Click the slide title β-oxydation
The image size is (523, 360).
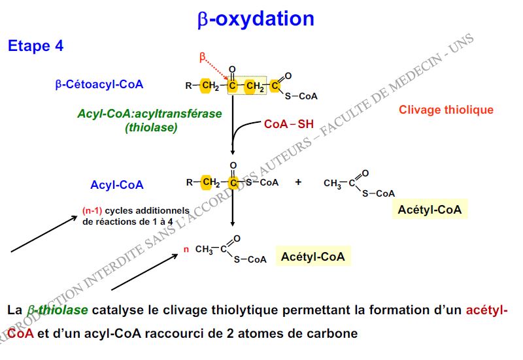tap(256, 19)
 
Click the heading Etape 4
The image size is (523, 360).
tap(35, 46)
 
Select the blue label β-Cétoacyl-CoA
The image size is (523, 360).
tap(99, 84)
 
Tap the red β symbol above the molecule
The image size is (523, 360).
tap(202, 57)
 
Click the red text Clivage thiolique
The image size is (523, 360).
tap(446, 110)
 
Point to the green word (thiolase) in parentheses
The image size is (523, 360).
tap(151, 127)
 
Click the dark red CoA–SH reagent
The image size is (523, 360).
tap(289, 124)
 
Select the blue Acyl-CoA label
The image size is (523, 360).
tap(117, 185)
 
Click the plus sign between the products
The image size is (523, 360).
tap(298, 182)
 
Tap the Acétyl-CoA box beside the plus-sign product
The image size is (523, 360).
tap(430, 210)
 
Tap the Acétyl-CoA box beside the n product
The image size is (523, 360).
tap(313, 256)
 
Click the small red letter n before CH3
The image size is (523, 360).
tap(186, 250)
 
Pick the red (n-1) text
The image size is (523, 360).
tap(92, 211)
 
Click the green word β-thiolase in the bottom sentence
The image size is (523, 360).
tap(58, 310)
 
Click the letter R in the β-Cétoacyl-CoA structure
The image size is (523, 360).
tap(189, 86)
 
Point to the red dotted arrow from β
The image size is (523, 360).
tap(216, 69)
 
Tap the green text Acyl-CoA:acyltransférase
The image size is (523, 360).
tap(150, 114)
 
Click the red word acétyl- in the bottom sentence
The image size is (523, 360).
tap(487, 310)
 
